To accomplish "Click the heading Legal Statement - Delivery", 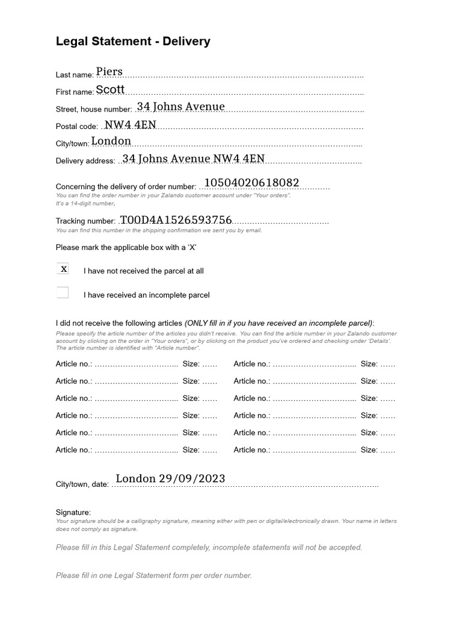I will pos(133,42).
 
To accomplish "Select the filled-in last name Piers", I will pos(109,72).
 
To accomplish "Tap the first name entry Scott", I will pos(110,89).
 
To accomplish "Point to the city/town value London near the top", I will pos(111,141).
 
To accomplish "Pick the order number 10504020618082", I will pos(251,183).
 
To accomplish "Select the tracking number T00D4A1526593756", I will pos(176,220).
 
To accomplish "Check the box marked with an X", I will pos(63,269).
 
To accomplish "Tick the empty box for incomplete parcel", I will pos(63,293).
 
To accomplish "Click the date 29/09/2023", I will pos(192,478).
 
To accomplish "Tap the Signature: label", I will pos(73,512).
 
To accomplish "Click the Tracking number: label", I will pos(85,222).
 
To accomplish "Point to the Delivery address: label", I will pos(85,161).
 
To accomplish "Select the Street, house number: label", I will pos(94,110).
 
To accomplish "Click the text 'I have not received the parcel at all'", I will pos(143,271).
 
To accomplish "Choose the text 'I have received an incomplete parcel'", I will pos(146,295).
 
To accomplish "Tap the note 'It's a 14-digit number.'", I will pos(85,204).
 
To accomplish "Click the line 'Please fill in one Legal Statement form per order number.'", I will pos(154,575).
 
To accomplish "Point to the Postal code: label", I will pos(76,127).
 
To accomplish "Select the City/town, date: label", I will pos(82,484).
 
